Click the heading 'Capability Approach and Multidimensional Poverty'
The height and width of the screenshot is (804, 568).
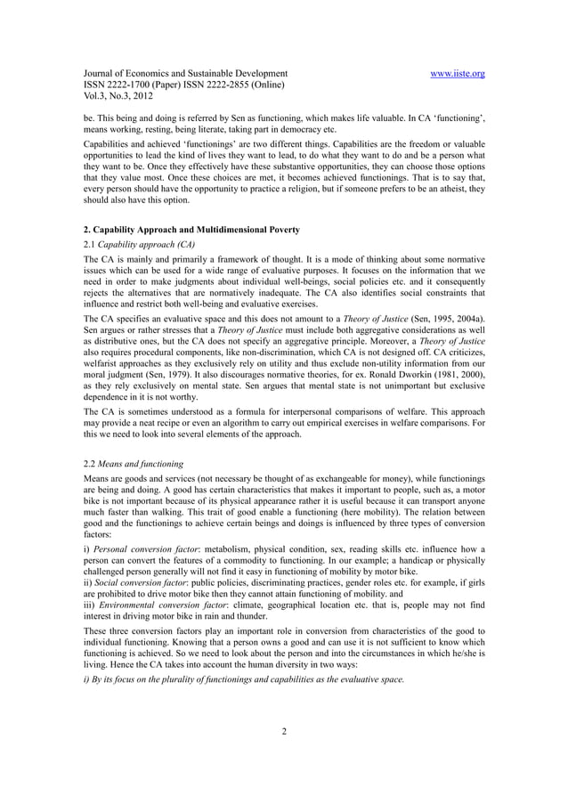click(x=189, y=231)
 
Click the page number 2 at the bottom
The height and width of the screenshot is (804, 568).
click(x=284, y=733)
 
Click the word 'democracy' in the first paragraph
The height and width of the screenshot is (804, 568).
click(x=350, y=129)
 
